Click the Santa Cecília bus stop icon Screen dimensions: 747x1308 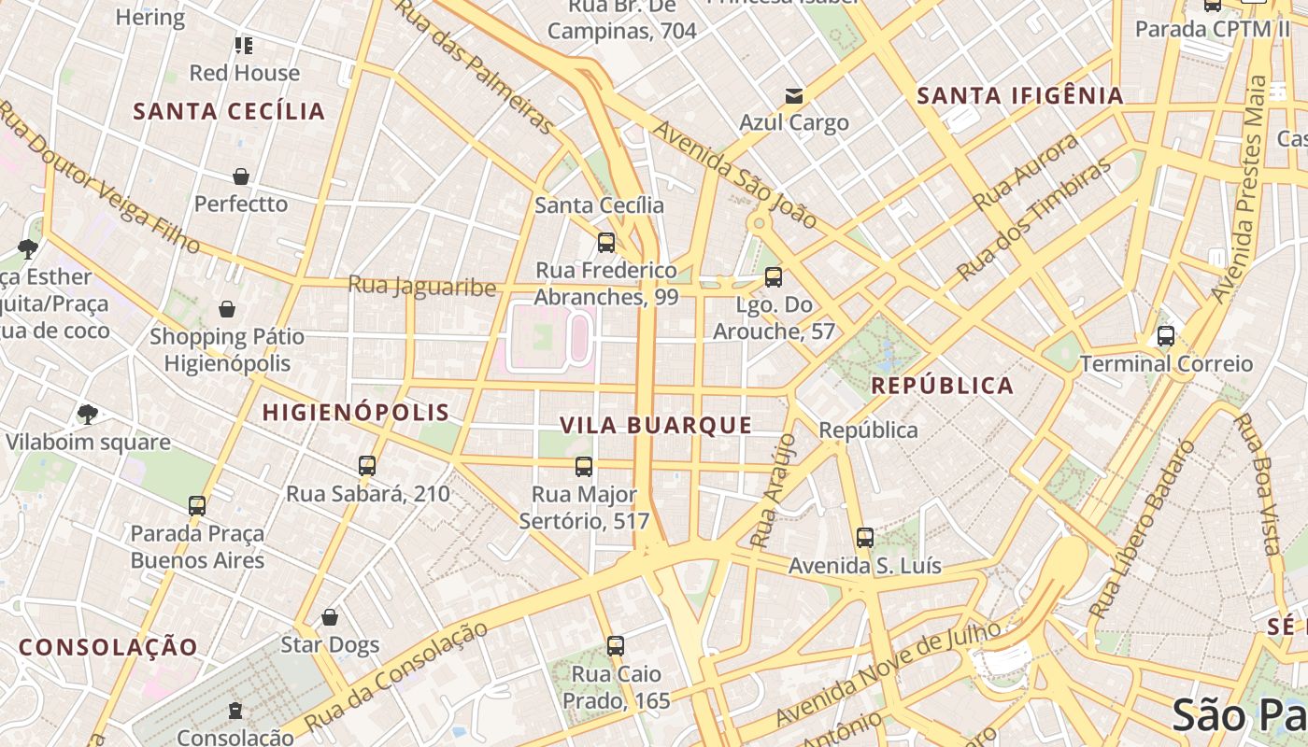click(x=606, y=243)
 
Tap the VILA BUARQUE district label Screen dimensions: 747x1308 click(x=656, y=425)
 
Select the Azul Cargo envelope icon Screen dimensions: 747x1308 click(x=794, y=95)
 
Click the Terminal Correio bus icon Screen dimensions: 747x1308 click(x=1166, y=336)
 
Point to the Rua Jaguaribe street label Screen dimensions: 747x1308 click(x=421, y=285)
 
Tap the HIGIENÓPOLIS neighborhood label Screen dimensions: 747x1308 click(x=356, y=412)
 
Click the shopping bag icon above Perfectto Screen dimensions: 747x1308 click(x=241, y=176)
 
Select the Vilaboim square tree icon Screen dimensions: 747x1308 click(x=88, y=414)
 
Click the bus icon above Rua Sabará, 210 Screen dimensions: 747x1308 click(x=367, y=465)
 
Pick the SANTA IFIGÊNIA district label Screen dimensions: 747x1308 click(x=1019, y=95)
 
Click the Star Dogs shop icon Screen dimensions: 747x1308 click(x=330, y=617)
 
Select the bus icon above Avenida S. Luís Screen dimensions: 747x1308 click(x=865, y=538)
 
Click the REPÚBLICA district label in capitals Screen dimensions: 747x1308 click(x=942, y=386)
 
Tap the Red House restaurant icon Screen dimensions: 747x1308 click(x=244, y=45)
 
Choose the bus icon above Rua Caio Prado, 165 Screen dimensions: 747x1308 click(x=615, y=645)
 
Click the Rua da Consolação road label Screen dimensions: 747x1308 click(x=396, y=676)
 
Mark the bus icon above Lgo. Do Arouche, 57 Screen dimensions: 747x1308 click(x=774, y=277)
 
